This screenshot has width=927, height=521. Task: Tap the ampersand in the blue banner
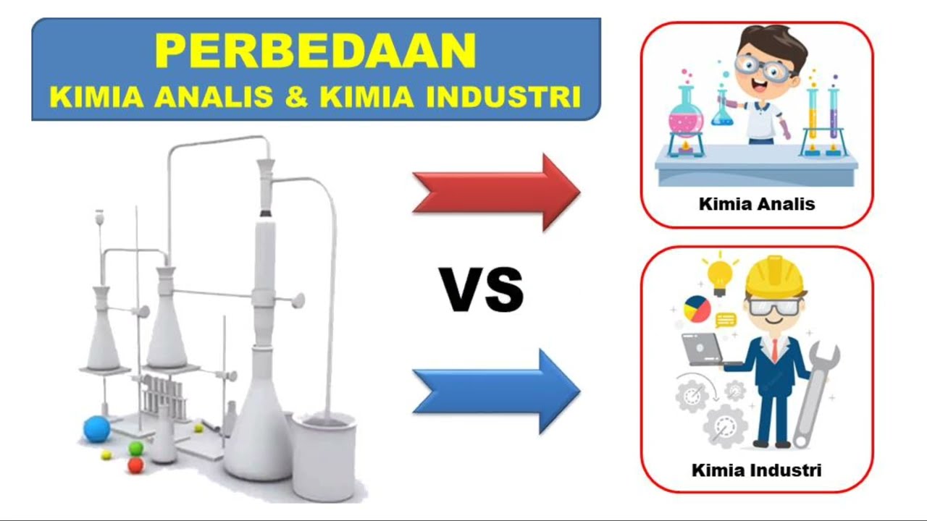296,96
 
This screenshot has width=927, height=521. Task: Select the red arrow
497,192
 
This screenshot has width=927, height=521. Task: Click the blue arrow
497,391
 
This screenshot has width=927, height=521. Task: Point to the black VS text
482,289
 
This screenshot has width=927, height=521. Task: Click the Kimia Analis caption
757,204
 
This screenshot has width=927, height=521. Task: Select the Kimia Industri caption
757,470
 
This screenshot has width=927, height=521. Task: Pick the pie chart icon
697,309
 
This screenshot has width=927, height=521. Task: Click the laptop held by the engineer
701,350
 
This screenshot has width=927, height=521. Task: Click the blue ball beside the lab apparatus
96,428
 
